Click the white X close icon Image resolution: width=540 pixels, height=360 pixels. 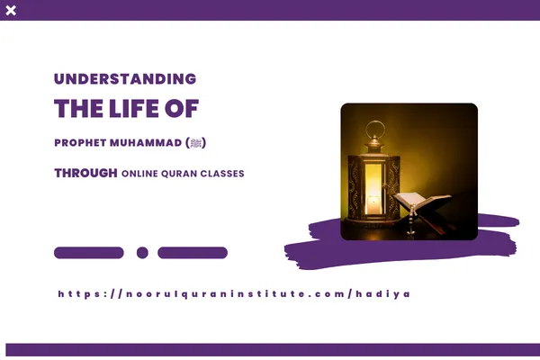coord(11,10)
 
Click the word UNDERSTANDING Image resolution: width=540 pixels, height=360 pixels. coord(124,78)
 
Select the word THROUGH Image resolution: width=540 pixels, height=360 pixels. coord(85,173)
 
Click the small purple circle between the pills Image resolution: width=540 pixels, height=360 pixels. coord(142,253)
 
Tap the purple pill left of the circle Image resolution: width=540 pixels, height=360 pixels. coord(89,253)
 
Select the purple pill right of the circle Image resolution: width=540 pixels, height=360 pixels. coord(193,253)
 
